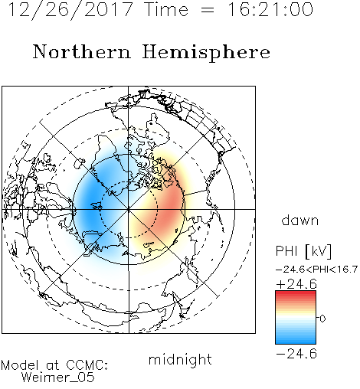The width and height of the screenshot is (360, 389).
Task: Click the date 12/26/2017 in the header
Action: [70, 10]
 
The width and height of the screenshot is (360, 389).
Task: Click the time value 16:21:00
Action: [270, 9]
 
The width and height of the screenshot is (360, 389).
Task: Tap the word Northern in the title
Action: [82, 52]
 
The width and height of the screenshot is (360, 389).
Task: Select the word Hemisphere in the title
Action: [206, 53]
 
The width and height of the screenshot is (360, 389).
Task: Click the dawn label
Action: [300, 220]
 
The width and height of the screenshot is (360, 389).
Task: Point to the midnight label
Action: [180, 360]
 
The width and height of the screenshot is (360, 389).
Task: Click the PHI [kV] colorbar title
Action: [303, 251]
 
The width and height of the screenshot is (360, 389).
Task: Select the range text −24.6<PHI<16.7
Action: [316, 270]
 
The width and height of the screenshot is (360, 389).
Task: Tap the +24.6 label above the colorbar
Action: [296, 284]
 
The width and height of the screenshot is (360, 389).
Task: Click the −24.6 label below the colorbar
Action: [296, 354]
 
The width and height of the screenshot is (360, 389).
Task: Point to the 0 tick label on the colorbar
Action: [322, 319]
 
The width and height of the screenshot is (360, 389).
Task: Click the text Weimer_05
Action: [58, 378]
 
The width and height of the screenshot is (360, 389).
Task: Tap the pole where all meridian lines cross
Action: [129, 209]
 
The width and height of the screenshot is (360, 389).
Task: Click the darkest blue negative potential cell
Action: [90, 201]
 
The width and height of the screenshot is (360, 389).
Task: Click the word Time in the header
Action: [166, 10]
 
